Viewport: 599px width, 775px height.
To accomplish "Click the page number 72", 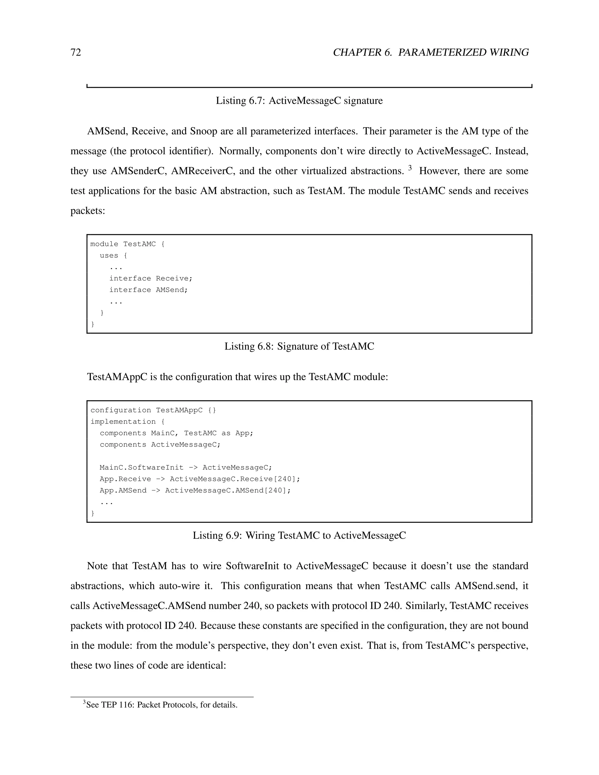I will tap(75, 53).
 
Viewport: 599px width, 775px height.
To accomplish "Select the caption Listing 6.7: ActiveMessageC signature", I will tap(299, 101).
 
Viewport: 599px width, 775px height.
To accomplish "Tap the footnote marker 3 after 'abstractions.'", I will tap(410, 168).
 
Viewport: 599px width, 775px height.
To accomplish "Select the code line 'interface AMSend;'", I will tap(148, 290).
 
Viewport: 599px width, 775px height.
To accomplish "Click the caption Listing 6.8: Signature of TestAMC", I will tap(299, 346).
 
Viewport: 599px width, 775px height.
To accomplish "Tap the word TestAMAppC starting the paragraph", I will tap(117, 377).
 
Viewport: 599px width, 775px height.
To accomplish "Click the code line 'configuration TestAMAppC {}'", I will tap(153, 410).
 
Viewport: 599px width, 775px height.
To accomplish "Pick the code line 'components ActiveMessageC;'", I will tap(160, 445).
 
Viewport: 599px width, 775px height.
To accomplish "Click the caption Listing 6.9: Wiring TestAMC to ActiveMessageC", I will tap(299, 535).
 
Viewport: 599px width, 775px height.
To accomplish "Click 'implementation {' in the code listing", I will tap(128, 421).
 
